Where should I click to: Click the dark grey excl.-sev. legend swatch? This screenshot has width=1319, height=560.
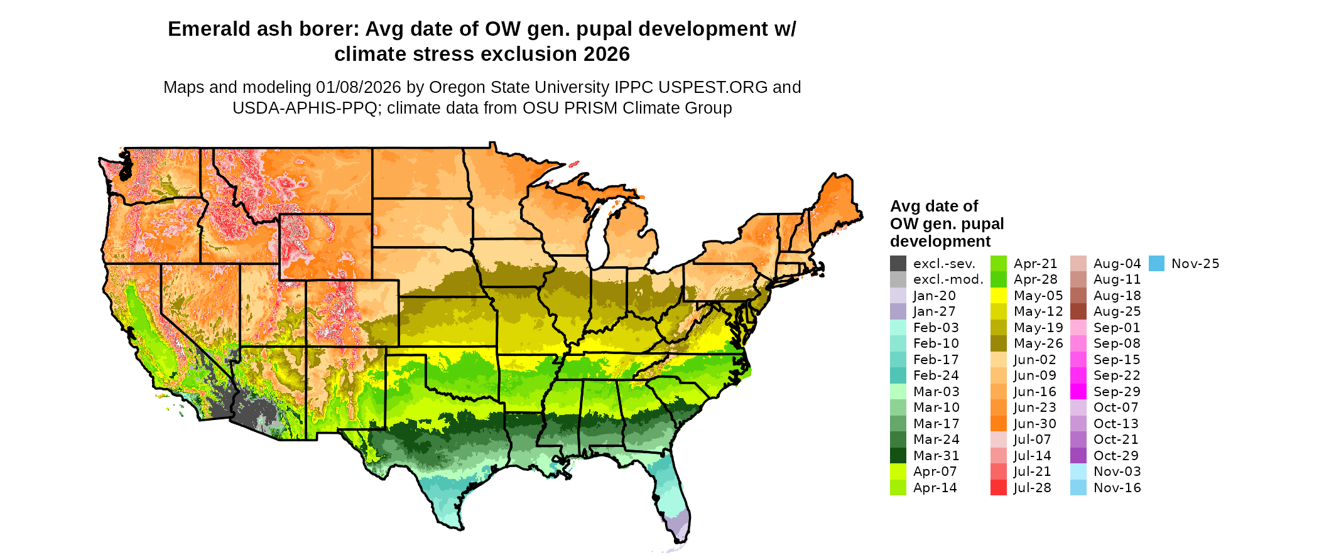tap(898, 264)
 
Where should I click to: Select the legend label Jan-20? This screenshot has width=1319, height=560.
tap(934, 296)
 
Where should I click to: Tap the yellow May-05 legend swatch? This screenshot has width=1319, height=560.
tap(999, 296)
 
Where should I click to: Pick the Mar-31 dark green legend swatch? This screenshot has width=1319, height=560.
tap(898, 456)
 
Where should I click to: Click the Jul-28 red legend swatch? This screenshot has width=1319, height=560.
tap(999, 488)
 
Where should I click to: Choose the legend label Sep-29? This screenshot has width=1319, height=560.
tap(1117, 392)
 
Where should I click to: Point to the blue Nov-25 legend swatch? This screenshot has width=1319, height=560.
tap(1157, 264)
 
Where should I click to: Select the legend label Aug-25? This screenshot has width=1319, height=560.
tap(1117, 311)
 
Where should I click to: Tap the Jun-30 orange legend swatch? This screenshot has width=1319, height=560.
tap(999, 424)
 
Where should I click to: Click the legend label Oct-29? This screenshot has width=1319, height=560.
tap(1115, 456)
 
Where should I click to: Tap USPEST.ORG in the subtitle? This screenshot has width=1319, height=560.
tap(717, 87)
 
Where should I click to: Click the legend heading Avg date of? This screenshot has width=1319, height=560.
tap(934, 207)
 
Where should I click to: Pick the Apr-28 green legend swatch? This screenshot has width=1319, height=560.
tap(999, 279)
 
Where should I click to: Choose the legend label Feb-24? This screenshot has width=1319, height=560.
tap(936, 375)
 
